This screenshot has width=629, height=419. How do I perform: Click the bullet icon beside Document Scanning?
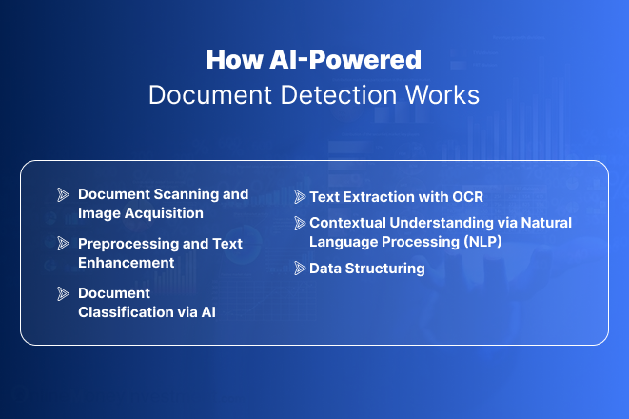tap(63, 194)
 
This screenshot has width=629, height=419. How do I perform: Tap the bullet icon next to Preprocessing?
tap(63, 244)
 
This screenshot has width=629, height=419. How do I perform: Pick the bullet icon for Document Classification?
tap(63, 293)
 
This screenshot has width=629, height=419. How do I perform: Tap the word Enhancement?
tap(127, 263)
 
